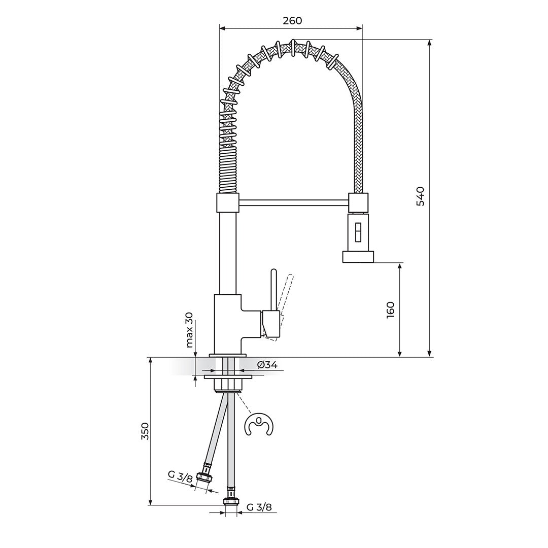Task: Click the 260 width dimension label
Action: click(292, 21)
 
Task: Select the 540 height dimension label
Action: click(421, 196)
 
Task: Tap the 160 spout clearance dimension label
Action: click(390, 310)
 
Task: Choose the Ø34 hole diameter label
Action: click(267, 365)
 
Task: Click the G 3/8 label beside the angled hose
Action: click(180, 476)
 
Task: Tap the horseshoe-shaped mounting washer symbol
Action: click(259, 425)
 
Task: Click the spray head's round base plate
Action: click(358, 257)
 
